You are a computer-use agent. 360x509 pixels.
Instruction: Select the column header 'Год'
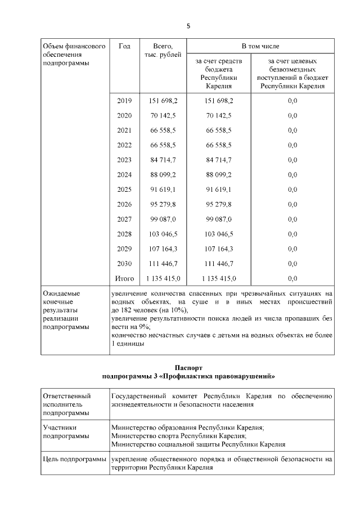tap(124, 46)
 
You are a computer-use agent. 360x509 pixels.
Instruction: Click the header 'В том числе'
tap(260, 46)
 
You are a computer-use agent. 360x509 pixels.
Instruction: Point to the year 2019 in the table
tap(124, 101)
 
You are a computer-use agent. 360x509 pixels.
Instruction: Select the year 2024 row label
tap(124, 174)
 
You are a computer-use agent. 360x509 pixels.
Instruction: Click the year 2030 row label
tap(124, 263)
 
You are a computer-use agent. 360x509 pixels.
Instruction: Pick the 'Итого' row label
tap(124, 278)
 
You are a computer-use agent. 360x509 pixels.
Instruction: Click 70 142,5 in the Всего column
tap(163, 115)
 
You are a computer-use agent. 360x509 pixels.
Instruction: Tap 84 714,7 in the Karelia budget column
tap(219, 160)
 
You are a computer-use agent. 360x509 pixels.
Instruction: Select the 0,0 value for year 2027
tap(292, 219)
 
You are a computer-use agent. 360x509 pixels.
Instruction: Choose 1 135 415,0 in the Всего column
tap(163, 278)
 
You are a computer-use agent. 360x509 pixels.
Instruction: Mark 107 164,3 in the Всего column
tap(163, 249)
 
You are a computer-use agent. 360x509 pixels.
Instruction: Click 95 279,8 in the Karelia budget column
tap(219, 204)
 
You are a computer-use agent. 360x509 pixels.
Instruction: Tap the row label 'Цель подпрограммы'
tap(74, 460)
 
